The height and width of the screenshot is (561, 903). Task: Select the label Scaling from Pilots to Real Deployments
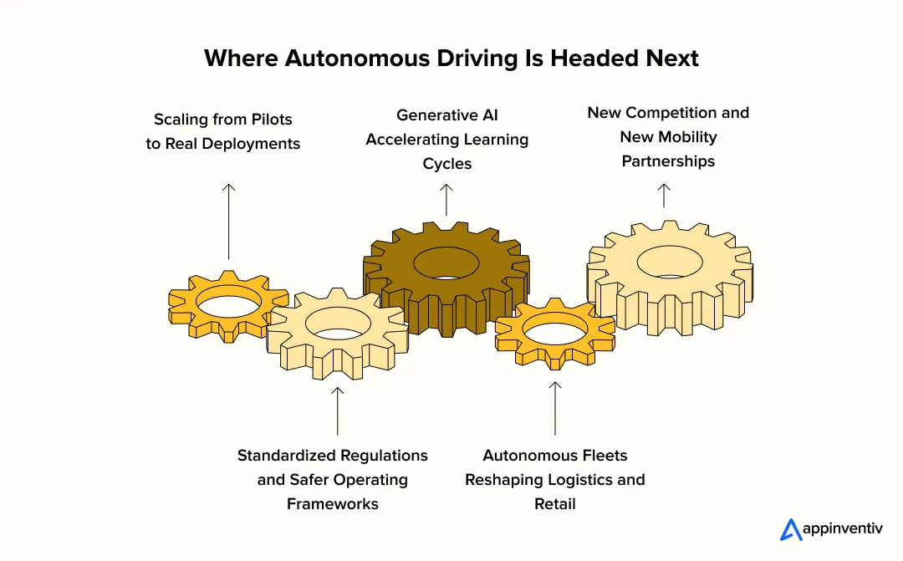pos(222,131)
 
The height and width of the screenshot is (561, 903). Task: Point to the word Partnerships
pos(668,161)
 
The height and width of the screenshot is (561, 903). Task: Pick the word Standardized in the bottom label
pos(284,456)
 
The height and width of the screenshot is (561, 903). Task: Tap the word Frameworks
pos(332,504)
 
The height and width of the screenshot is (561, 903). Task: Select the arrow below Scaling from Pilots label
pos(228,222)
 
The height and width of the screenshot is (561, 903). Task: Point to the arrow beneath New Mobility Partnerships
pos(664,196)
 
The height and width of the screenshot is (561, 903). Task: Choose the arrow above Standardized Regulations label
pos(337,410)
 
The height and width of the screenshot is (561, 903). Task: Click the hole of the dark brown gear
pos(446,263)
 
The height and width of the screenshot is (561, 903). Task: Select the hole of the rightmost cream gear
pos(669,262)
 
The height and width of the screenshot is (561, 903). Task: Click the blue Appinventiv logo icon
pos(790,529)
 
